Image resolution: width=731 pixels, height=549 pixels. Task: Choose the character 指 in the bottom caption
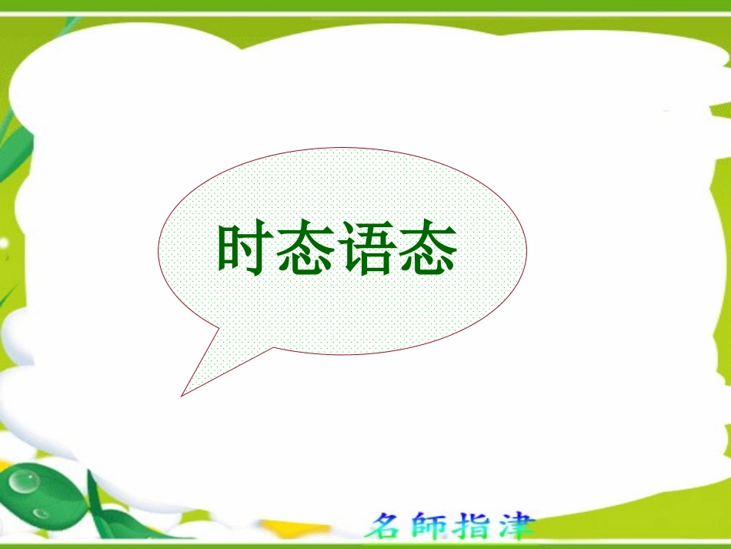coord(476,527)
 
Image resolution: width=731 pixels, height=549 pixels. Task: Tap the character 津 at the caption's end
coord(516,527)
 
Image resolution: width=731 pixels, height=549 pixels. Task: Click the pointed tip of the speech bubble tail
coord(182,395)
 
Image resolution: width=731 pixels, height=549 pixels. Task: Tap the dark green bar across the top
coord(365,5)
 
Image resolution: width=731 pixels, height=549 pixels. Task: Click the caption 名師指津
coord(450,527)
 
